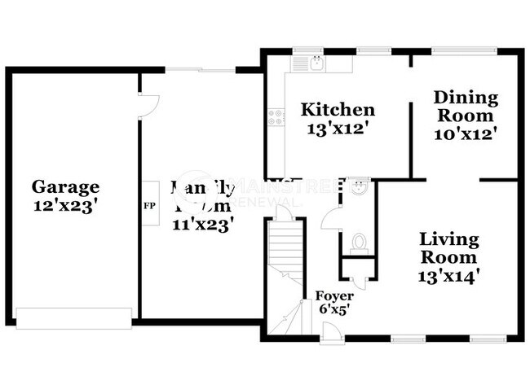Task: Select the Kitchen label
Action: pyautogui.click(x=338, y=110)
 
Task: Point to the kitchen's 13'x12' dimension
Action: pyautogui.click(x=338, y=128)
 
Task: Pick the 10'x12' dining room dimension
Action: pyautogui.click(x=466, y=132)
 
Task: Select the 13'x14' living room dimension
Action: pyautogui.click(x=449, y=275)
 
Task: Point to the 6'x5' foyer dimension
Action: pyautogui.click(x=333, y=310)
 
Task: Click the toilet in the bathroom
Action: pyautogui.click(x=358, y=242)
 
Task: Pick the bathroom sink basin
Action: pyautogui.click(x=359, y=186)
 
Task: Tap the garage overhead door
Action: pyautogui.click(x=74, y=317)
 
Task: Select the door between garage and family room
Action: pyautogui.click(x=148, y=103)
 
